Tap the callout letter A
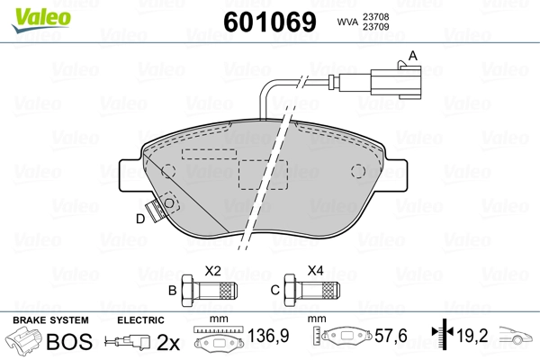tap(413, 55)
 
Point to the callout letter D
tap(139, 219)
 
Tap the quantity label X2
tap(213, 269)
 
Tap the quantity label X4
tap(316, 269)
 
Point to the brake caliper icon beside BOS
tap(24, 342)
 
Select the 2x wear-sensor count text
tap(168, 342)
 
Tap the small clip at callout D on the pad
tap(163, 211)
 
